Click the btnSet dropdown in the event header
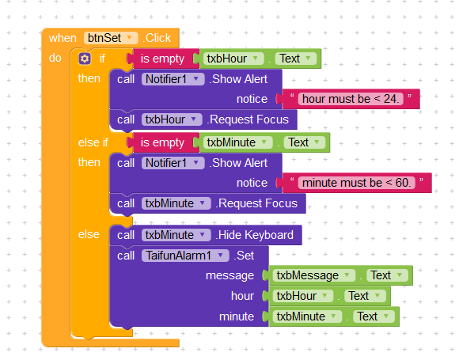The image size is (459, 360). click(x=111, y=38)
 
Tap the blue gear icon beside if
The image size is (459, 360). click(x=85, y=59)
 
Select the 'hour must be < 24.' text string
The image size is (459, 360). click(x=351, y=99)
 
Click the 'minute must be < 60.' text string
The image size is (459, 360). click(x=357, y=183)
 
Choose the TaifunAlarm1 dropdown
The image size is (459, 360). click(x=185, y=256)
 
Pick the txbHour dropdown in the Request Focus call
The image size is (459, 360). click(x=172, y=119)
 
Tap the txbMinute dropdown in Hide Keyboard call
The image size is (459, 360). click(x=176, y=235)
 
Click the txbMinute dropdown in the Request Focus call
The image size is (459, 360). click(x=176, y=203)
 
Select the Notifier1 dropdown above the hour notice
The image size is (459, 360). click(x=173, y=79)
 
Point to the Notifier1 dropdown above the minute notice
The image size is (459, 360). click(x=173, y=163)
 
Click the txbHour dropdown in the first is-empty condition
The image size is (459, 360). click(x=233, y=59)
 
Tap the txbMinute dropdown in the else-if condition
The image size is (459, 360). click(x=237, y=142)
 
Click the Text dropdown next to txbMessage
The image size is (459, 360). click(x=387, y=275)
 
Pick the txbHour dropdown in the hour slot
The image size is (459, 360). click(x=302, y=296)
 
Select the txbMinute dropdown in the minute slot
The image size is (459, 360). click(x=307, y=316)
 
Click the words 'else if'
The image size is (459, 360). click(x=93, y=142)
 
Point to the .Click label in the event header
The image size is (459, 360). click(x=157, y=38)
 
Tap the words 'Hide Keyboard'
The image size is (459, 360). click(x=256, y=235)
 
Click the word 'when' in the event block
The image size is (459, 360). click(x=63, y=38)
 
